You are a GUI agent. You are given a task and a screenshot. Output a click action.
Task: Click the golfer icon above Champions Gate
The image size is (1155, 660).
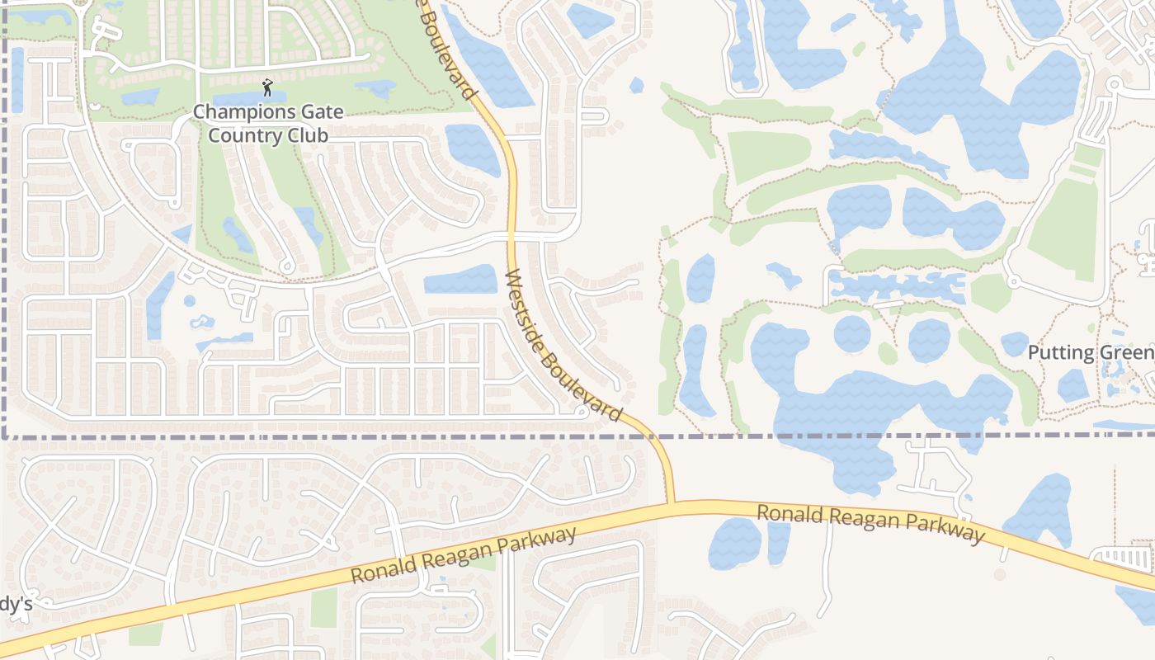point(266,87)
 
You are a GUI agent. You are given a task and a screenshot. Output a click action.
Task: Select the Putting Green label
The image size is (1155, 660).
point(1090,353)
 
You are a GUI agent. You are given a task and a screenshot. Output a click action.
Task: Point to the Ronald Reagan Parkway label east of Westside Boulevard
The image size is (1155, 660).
point(870,524)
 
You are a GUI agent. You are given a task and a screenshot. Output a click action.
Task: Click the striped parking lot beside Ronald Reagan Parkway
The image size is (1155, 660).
point(1127,558)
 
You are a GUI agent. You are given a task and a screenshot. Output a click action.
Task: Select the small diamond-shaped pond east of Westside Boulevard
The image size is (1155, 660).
point(636,84)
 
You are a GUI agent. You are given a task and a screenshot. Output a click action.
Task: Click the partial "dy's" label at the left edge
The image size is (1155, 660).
point(15,605)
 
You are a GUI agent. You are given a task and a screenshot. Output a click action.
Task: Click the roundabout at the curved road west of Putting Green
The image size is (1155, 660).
point(1013,282)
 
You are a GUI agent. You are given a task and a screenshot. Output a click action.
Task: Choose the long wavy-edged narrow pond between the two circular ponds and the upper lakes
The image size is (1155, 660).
point(898,287)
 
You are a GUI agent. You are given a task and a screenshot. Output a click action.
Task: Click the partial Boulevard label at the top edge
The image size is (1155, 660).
point(449,49)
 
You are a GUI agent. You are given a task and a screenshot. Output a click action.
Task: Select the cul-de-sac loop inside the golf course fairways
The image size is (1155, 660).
point(286,266)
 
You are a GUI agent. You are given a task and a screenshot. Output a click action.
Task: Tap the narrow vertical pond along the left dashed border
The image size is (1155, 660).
point(17,80)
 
